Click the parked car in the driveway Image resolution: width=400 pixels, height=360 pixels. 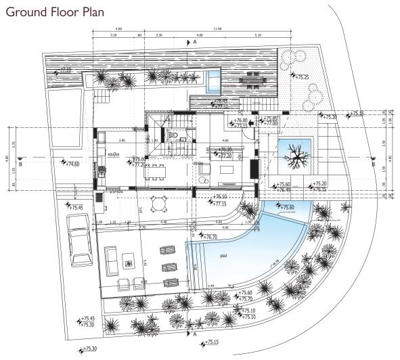(82, 241)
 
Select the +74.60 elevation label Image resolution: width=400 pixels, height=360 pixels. (70, 164)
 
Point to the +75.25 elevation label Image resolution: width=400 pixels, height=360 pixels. (301, 77)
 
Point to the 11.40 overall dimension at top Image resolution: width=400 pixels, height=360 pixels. (218, 29)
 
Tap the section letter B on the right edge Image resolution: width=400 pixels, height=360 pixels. (374, 164)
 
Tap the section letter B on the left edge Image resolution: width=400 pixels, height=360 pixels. (21, 164)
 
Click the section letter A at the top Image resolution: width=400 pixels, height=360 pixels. (194, 42)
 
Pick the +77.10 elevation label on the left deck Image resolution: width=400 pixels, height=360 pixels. (64, 69)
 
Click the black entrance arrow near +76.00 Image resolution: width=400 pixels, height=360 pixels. (252, 122)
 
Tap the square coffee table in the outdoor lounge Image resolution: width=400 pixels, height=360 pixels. (129, 258)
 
